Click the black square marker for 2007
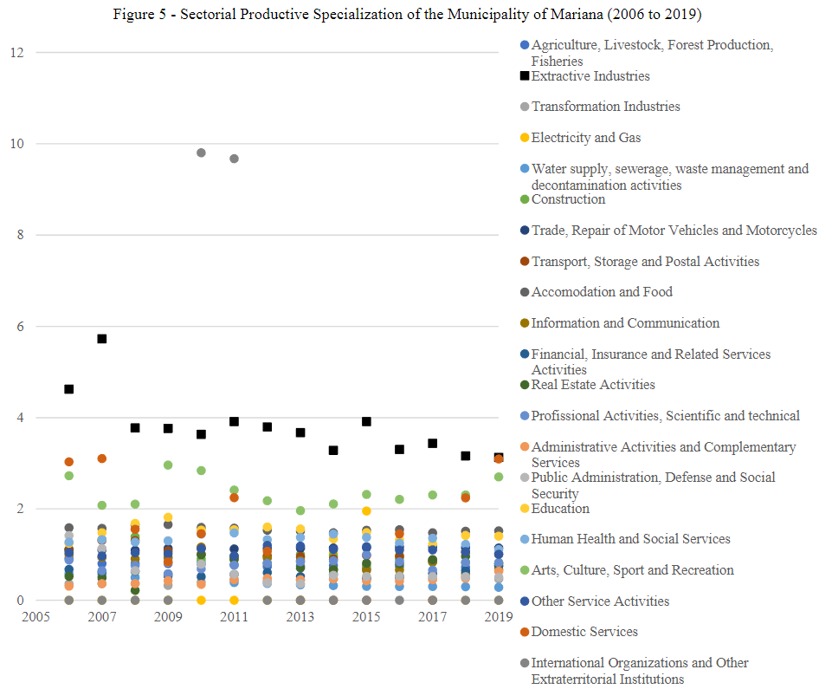tap(102, 339)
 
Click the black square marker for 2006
tap(69, 389)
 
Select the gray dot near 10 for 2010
tap(201, 153)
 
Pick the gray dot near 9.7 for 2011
tap(234, 159)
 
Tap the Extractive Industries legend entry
tap(590, 76)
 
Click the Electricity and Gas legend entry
tap(585, 137)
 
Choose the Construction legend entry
tap(568, 199)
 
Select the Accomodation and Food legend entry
tap(601, 292)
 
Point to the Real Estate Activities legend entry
tap(592, 385)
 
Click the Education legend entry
tap(559, 509)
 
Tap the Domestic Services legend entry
tap(584, 632)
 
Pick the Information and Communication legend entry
tap(625, 323)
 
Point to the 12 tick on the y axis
tap(16, 53)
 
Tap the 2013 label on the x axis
tap(300, 617)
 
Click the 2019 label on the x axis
tap(498, 617)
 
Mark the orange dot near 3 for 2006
tap(69, 462)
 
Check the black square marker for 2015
tap(366, 421)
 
